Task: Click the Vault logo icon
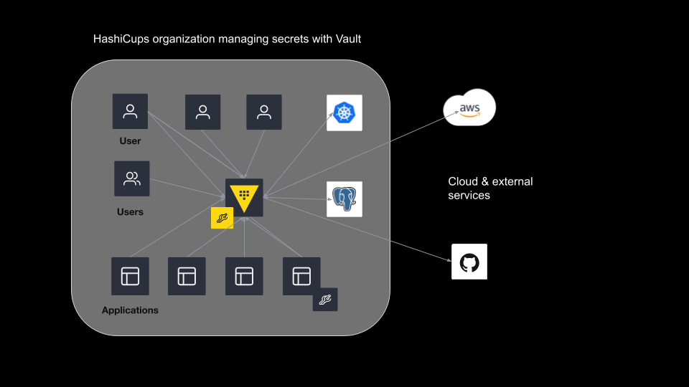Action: tap(244, 197)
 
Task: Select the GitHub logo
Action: tap(469, 262)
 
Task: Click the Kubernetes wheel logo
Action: tap(344, 113)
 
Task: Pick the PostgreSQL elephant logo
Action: tap(344, 199)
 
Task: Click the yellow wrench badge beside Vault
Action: tap(222, 218)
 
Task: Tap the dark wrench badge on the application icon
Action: tap(325, 300)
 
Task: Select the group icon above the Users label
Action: tap(132, 178)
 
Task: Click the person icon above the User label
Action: tap(130, 111)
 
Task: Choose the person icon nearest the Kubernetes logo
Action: tap(264, 112)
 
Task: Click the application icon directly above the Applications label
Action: tap(130, 276)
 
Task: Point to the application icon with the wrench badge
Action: tap(301, 276)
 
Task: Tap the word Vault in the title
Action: tap(347, 39)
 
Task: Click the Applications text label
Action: tap(130, 310)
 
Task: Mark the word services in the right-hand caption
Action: tap(469, 195)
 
